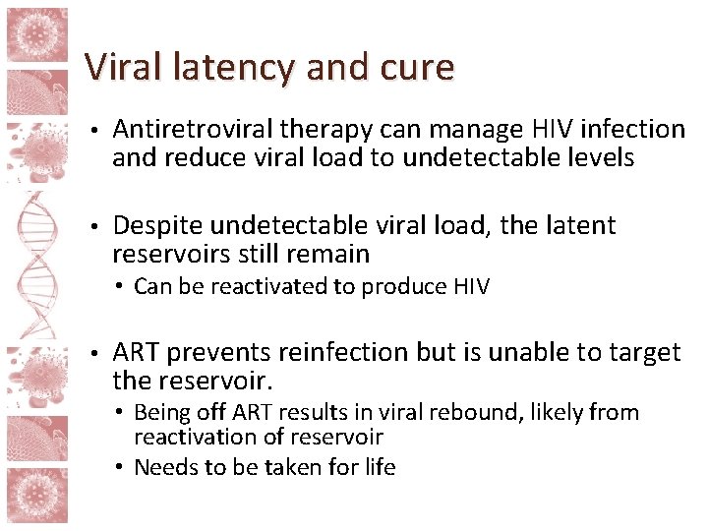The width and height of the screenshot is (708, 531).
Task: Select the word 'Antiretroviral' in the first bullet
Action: tap(193, 130)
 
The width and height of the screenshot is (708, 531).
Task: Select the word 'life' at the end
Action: tap(379, 468)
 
